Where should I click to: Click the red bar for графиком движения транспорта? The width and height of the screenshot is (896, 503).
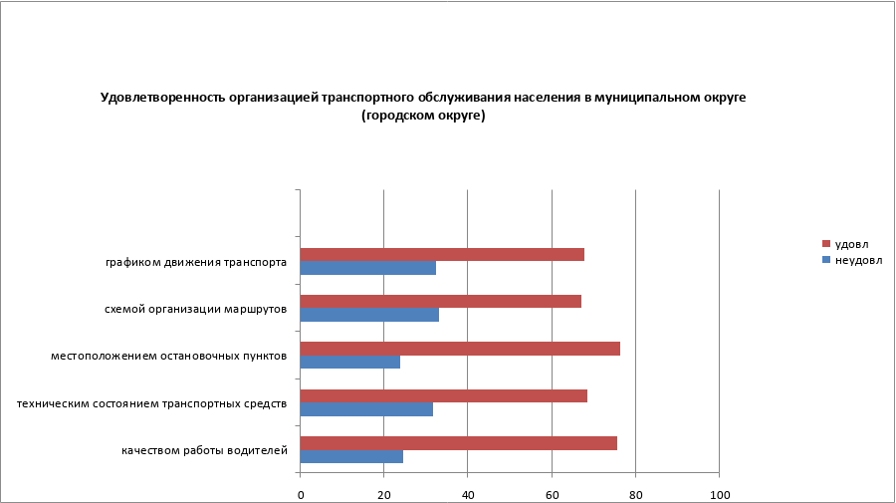[442, 254]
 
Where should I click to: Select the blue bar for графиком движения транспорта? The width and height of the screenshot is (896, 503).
[367, 268]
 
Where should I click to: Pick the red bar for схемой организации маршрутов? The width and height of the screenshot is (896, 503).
[440, 302]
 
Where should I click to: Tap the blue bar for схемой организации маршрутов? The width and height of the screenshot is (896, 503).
[369, 315]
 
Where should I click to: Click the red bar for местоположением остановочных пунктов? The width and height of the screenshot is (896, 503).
[460, 349]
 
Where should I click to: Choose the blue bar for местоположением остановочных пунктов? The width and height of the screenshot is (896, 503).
[349, 363]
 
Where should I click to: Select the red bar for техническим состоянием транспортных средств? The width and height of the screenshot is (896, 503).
[443, 395]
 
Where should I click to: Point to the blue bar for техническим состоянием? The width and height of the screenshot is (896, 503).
[366, 409]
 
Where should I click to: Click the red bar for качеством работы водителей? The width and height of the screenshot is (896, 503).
[458, 443]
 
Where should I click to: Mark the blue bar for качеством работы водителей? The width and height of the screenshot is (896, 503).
[351, 456]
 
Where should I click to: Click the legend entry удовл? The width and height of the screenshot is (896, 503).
[851, 244]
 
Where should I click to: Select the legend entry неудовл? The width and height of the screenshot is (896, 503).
[858, 260]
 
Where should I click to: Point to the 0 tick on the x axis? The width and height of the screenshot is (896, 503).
[300, 494]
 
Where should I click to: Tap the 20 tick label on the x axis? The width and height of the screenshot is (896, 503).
[383, 494]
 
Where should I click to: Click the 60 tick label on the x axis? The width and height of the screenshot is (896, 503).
[551, 494]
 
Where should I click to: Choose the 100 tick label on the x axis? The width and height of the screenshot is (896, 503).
[719, 494]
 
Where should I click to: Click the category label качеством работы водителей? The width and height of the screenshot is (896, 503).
[204, 450]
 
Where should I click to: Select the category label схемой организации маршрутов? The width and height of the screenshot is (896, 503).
[195, 309]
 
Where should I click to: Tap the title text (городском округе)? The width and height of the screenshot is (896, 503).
[423, 116]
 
